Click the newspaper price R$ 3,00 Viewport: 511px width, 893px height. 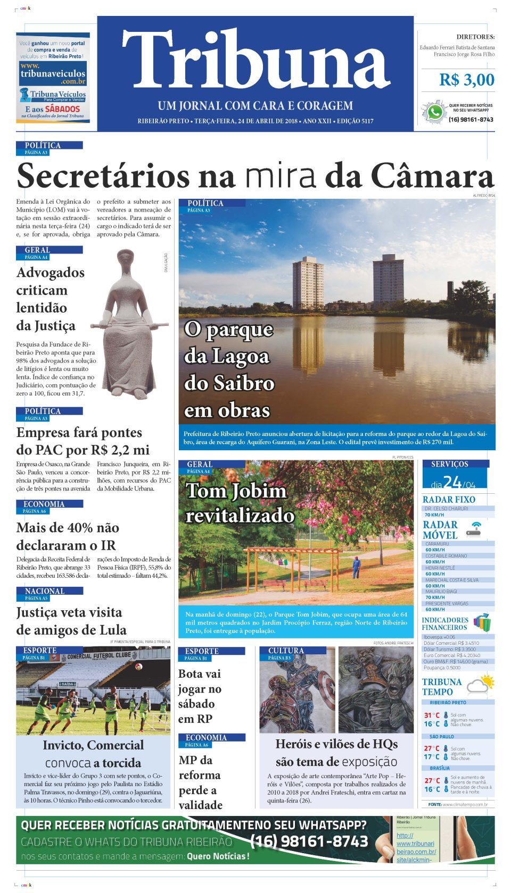pos(466,80)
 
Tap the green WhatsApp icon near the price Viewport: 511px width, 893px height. pos(435,113)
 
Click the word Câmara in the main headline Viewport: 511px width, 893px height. pos(432,175)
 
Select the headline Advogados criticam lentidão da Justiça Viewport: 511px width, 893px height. pos(51,299)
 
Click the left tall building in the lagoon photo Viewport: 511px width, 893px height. pos(308,283)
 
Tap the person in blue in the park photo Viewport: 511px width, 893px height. pos(356,567)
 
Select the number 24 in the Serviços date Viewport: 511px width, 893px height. pos(452,482)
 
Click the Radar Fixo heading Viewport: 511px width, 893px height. pos(449,500)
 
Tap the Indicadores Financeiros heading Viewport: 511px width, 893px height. pos(445,624)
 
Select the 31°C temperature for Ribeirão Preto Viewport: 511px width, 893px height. pos(431,715)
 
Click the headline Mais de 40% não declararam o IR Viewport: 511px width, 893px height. pos(68,536)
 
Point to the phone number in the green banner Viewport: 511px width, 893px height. pos(309,841)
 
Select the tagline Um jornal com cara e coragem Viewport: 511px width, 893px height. pos(255,106)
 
